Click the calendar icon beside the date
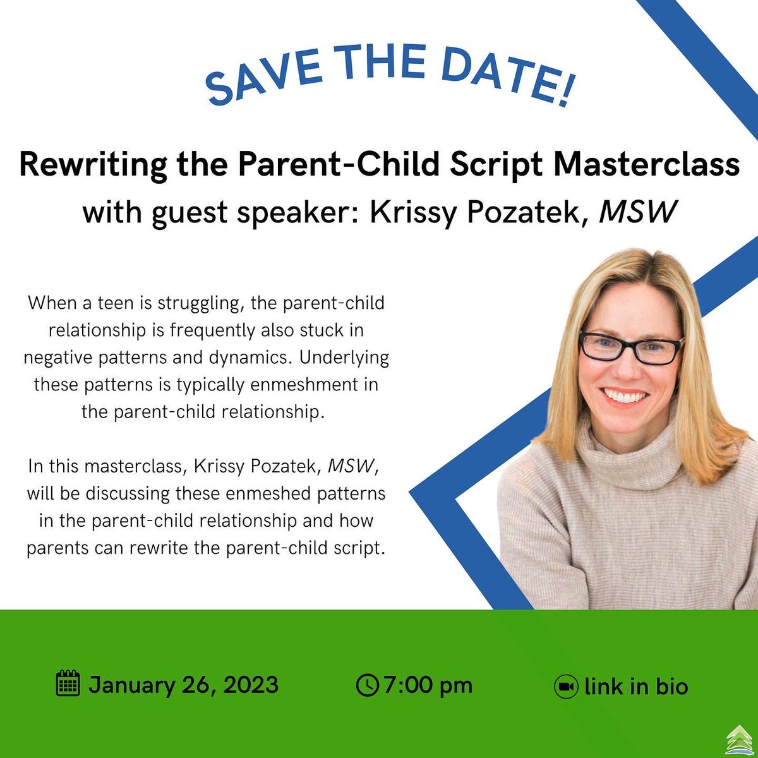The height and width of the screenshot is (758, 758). [68, 684]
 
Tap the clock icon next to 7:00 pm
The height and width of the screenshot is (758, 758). [367, 685]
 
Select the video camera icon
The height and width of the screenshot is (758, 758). [566, 687]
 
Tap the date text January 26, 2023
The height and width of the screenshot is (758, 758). [183, 685]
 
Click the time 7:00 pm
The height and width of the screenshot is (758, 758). [428, 685]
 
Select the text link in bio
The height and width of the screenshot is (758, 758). [636, 687]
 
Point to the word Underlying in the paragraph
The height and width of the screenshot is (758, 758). [344, 357]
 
